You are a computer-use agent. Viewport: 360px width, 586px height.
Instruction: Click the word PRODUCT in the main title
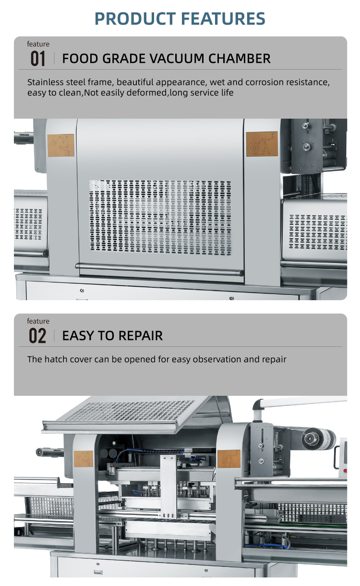pos(135,19)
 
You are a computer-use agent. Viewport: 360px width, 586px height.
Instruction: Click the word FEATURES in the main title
pos(223,19)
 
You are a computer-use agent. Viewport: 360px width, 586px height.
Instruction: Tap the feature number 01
pos(38,59)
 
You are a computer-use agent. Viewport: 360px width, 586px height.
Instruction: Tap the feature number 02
pos(37,336)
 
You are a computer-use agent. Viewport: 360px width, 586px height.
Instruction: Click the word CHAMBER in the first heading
pos(239,59)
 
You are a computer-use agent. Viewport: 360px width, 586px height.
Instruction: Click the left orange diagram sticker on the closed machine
pos(61,145)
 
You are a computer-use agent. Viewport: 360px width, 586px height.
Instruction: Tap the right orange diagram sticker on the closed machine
pos(262,144)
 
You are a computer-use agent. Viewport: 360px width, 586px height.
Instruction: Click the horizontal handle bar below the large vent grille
pos(159,269)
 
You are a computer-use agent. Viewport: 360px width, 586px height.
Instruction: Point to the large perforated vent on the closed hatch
pos(160,217)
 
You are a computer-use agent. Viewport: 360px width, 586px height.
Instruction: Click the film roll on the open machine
pos(318,438)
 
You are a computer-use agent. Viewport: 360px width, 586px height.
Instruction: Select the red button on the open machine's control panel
pos(345,471)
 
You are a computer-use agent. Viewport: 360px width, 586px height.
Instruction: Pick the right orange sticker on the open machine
pos(229,459)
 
